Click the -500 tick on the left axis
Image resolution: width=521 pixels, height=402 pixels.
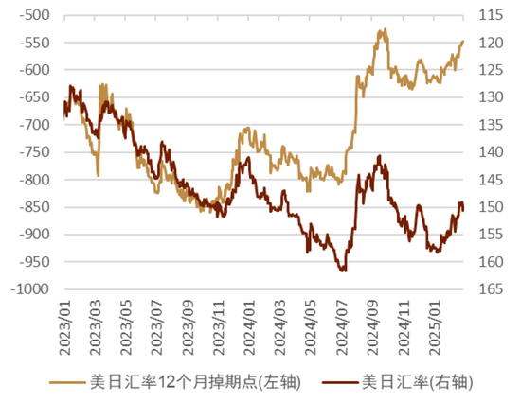[35, 15]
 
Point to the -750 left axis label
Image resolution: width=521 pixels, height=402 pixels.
[35, 152]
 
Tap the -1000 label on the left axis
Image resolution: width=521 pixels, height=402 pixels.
[30, 289]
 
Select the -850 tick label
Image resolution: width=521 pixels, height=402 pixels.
[35, 207]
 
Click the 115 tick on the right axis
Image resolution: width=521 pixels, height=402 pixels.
[491, 15]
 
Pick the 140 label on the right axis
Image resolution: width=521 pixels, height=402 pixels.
[491, 152]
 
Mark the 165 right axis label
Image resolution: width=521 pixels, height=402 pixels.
[491, 289]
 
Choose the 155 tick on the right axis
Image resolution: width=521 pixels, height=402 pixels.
[491, 235]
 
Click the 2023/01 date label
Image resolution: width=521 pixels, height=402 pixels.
[65, 327]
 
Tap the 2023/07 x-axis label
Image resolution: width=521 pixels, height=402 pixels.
[157, 327]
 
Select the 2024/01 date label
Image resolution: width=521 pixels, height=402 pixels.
[249, 327]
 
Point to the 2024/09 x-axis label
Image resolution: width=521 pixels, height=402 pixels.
[372, 327]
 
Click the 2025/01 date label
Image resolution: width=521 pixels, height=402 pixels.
[434, 327]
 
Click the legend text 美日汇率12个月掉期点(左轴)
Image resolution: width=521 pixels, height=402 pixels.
[195, 382]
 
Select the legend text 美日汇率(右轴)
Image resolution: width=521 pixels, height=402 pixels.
[418, 382]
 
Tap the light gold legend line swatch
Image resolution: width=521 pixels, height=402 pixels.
[67, 382]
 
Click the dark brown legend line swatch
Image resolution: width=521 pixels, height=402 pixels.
[340, 382]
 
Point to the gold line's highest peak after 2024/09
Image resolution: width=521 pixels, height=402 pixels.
[386, 29]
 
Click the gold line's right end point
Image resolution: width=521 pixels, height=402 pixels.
[463, 42]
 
